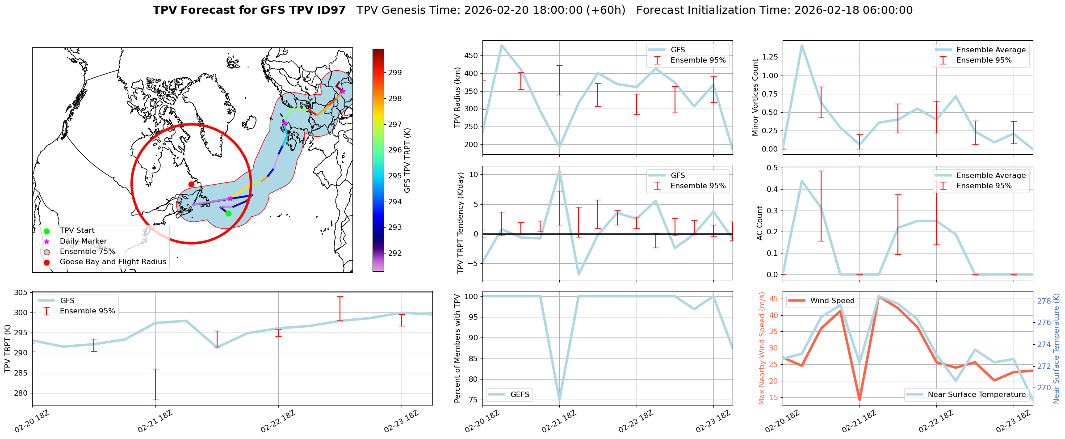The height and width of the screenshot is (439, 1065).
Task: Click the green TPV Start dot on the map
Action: [228, 213]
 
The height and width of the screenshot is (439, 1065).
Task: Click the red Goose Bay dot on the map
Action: [191, 184]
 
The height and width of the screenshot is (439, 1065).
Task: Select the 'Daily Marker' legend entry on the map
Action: [83, 241]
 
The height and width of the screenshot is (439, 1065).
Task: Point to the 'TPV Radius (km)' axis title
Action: [457, 97]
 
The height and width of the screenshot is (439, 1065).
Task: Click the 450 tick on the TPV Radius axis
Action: [472, 56]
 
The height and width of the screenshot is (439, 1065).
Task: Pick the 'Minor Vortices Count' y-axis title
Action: [755, 97]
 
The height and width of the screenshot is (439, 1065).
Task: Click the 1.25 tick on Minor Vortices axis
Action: [770, 57]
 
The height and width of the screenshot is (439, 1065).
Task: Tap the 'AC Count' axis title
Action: [760, 223]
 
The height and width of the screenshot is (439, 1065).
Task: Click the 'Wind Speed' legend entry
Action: [832, 300]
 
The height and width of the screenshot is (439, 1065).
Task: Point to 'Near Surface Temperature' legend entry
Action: [977, 394]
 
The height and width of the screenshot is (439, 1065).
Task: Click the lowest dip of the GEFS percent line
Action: [559, 399]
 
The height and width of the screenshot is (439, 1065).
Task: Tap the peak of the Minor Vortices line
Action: [802, 45]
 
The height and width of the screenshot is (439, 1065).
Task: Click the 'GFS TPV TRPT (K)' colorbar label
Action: [407, 160]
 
